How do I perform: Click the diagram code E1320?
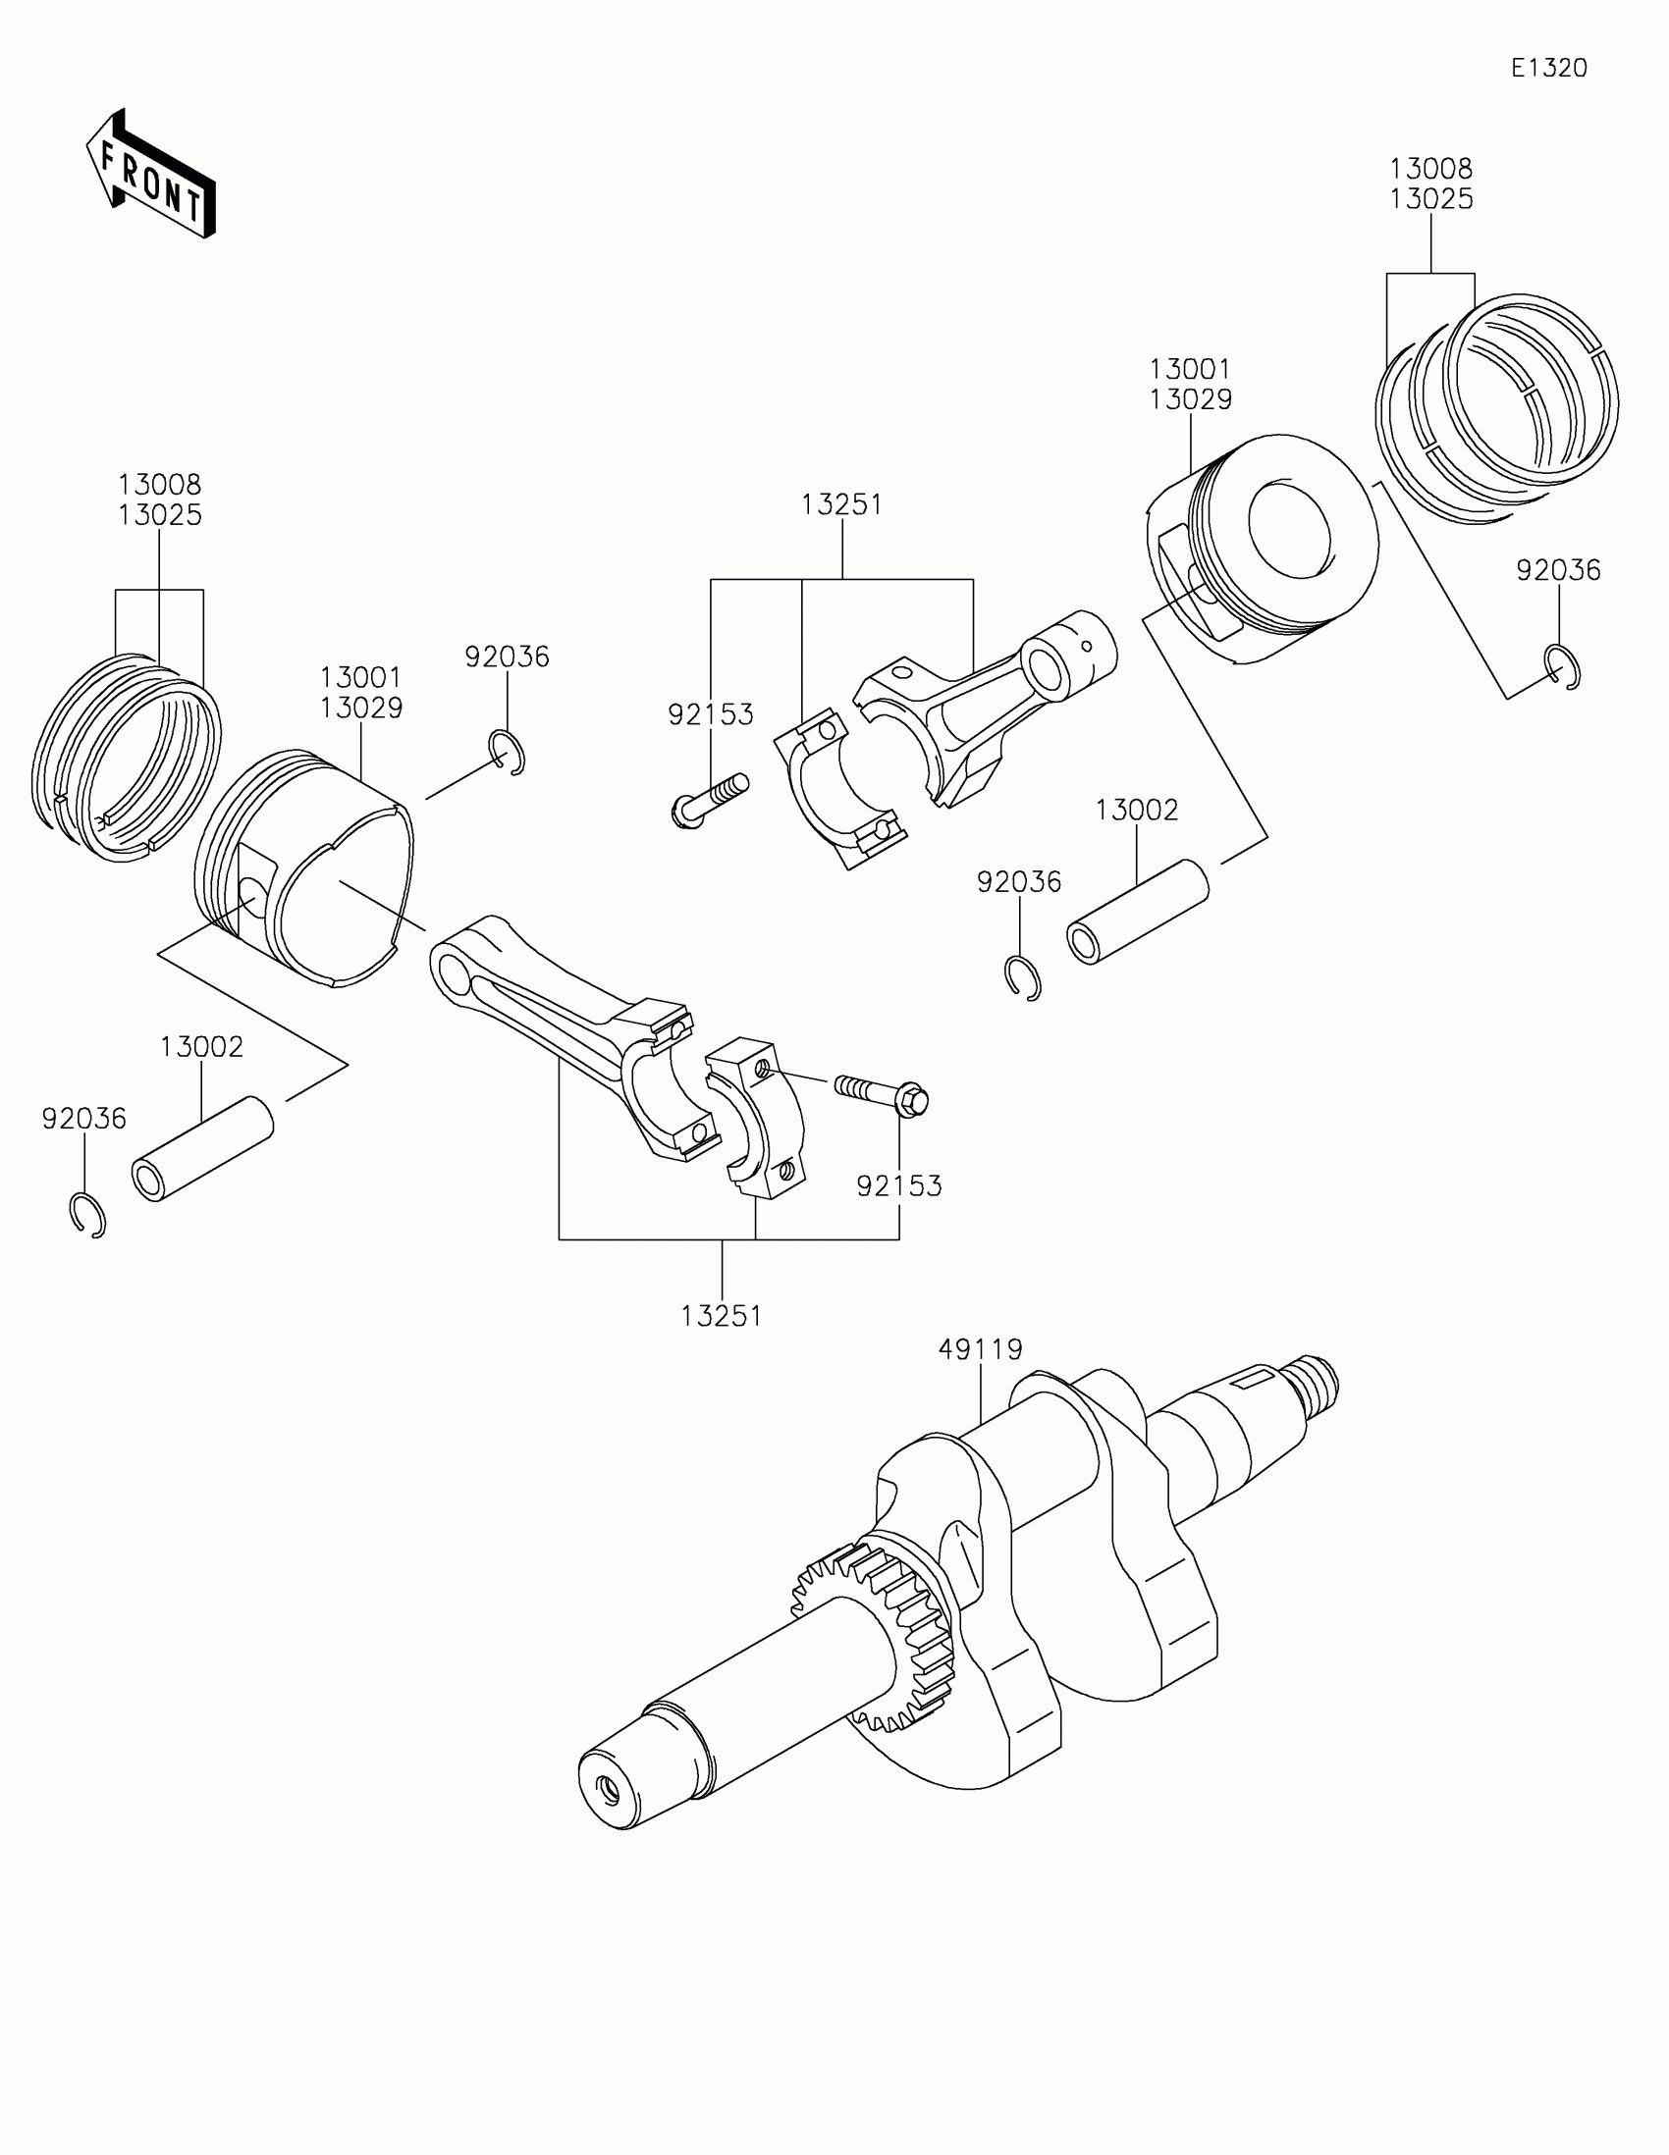click(1548, 68)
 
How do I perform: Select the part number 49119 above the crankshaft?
click(980, 1349)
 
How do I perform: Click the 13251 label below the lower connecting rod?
click(722, 1316)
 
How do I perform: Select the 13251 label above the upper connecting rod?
click(842, 505)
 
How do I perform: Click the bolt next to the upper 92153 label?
click(709, 798)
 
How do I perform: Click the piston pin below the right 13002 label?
click(1138, 912)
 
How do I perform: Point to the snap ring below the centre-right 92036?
click(1023, 977)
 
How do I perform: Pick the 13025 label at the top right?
click(1431, 199)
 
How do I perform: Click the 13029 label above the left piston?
click(361, 709)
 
